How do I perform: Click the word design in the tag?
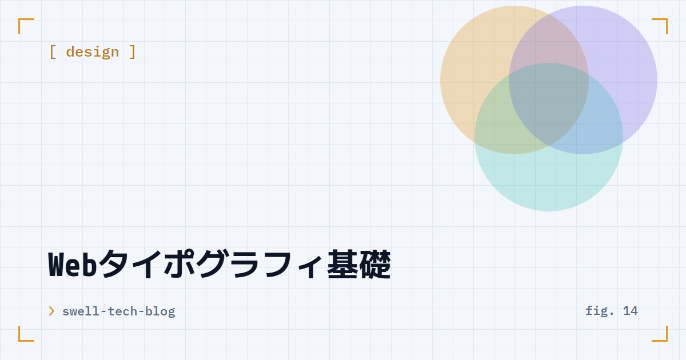pyautogui.click(x=93, y=52)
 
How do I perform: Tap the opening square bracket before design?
pyautogui.click(x=53, y=52)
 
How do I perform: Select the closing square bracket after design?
pyautogui.click(x=132, y=52)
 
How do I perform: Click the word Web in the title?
pyautogui.click(x=73, y=265)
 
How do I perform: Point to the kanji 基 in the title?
pyautogui.click(x=342, y=264)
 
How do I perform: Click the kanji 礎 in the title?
pyautogui.click(x=375, y=264)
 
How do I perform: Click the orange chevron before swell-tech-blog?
pyautogui.click(x=51, y=311)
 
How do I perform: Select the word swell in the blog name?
pyautogui.click(x=81, y=311)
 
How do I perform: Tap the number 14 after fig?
pyautogui.click(x=630, y=311)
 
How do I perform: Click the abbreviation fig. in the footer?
pyautogui.click(x=600, y=311)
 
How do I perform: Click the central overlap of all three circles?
pyautogui.click(x=549, y=101)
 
